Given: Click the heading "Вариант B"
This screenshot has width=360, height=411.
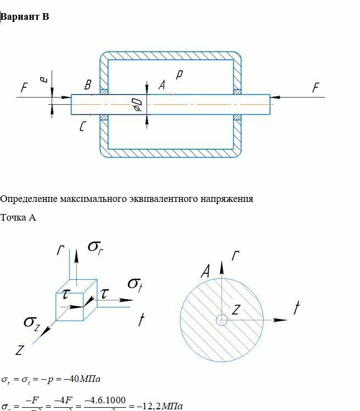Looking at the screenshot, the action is (x=25, y=16).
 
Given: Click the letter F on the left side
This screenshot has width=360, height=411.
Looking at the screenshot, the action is (x=24, y=88).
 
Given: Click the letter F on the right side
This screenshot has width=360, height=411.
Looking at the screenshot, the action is (x=316, y=88).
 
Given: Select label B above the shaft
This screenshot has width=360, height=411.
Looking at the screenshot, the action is (x=88, y=85).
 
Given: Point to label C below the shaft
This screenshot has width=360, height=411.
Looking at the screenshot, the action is (x=82, y=127).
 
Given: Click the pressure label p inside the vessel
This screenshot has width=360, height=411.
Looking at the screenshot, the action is (x=179, y=75).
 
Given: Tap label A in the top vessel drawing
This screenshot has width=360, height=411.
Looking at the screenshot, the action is (x=161, y=85).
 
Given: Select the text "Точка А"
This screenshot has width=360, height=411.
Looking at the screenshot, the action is (x=18, y=218).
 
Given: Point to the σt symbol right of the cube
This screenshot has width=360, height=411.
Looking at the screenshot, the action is (x=136, y=284).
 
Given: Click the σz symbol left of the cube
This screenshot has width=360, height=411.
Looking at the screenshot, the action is (x=31, y=322).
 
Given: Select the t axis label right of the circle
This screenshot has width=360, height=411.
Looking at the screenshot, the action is (x=296, y=309).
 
